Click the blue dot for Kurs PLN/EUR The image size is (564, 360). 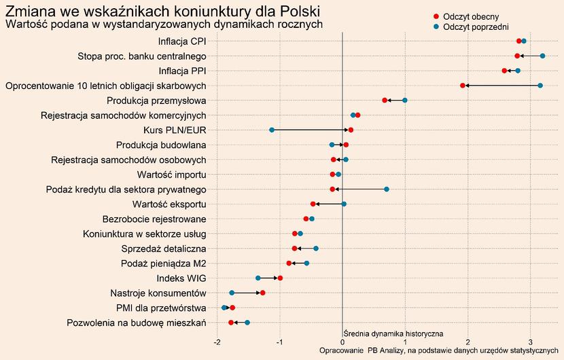point(272,130)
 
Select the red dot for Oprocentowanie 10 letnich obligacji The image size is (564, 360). point(463,86)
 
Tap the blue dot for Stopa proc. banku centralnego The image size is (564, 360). point(542,56)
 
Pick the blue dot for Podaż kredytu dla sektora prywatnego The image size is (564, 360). point(387,190)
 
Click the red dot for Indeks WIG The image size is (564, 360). point(280,278)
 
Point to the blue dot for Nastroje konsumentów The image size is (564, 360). point(232,293)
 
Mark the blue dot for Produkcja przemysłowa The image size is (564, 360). point(405,101)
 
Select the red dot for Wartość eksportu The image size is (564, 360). point(313,204)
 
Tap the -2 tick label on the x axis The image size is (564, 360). point(217,341)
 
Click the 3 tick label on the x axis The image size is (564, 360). point(531,341)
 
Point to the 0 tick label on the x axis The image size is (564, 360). point(342,341)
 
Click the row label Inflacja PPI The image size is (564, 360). point(182,71)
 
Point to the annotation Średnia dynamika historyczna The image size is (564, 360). point(393,334)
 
